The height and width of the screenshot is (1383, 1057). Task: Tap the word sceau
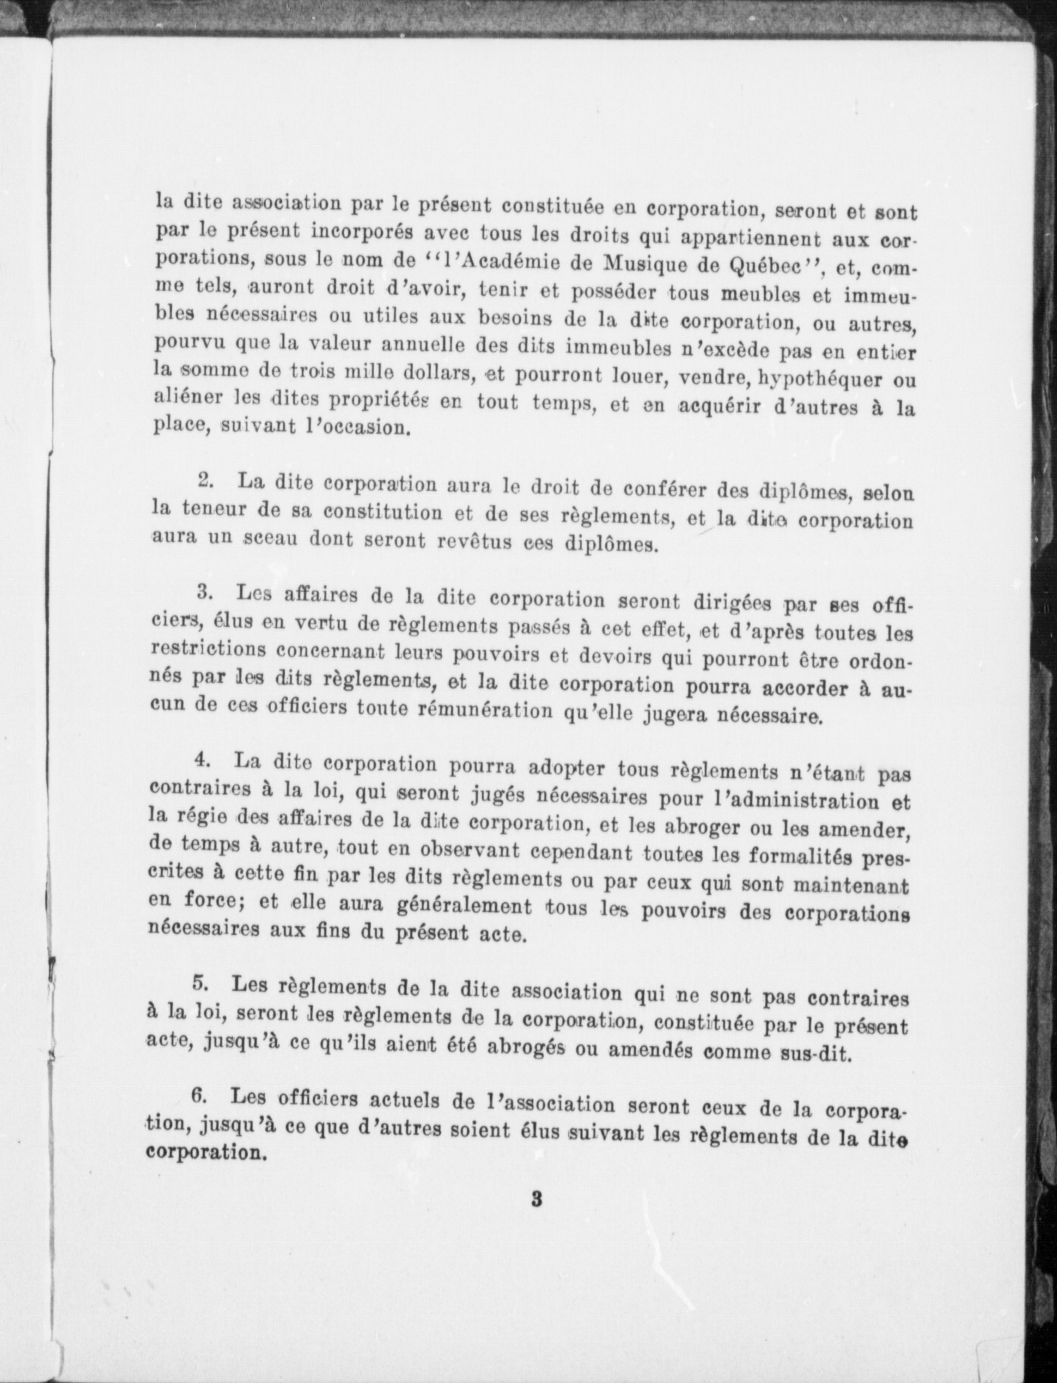pos(269,539)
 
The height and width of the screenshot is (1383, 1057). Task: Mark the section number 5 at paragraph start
pos(200,984)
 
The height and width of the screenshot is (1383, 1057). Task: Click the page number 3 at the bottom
pos(536,1199)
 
